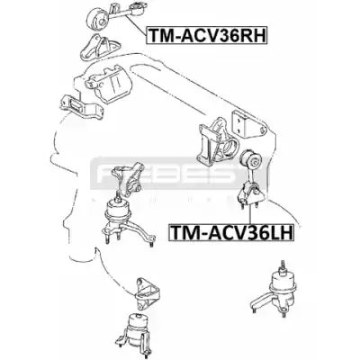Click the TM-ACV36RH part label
(x=206, y=35)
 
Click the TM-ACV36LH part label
(x=230, y=232)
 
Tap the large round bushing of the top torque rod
(x=97, y=19)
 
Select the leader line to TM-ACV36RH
(x=135, y=26)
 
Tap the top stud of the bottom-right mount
(x=282, y=265)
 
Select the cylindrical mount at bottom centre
(x=136, y=331)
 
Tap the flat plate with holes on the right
(x=248, y=124)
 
